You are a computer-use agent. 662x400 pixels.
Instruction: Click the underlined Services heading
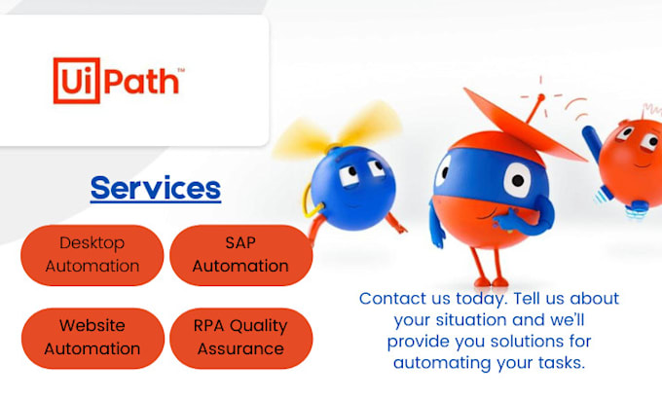tap(156, 187)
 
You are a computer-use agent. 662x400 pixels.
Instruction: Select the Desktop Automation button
tap(92, 254)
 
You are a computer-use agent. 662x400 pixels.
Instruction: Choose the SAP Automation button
tap(240, 254)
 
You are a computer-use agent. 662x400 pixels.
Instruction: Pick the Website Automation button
tap(92, 337)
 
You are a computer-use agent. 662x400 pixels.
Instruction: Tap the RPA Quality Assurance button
tap(240, 337)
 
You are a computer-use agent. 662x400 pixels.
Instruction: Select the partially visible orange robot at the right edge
tap(631, 156)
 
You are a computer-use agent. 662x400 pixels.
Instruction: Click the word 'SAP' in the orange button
tap(240, 243)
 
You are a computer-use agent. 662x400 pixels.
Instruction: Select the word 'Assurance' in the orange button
tap(240, 348)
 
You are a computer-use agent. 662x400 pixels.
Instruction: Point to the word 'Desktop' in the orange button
tap(92, 243)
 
